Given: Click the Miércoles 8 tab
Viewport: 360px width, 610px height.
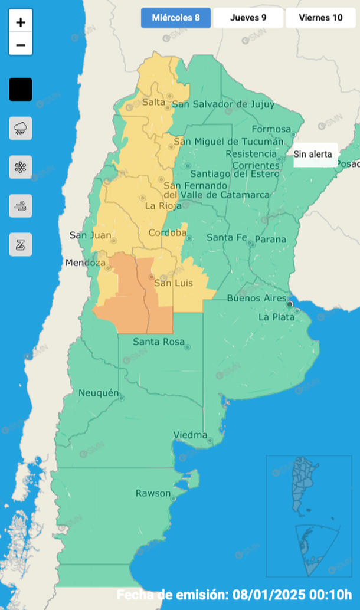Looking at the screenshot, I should (175, 18).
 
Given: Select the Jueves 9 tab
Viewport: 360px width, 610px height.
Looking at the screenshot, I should (248, 18).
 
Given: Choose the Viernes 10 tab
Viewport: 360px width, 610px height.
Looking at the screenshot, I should (320, 18).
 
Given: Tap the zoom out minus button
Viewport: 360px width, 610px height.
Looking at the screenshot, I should (21, 45).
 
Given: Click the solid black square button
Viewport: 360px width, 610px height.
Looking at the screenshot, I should (21, 90).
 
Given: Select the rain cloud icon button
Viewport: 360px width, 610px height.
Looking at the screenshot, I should (21, 128).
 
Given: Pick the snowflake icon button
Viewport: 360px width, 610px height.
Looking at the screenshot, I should (21, 167).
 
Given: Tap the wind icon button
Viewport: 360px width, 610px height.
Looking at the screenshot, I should (21, 206).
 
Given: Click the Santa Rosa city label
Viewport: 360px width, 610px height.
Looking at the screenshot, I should (158, 342).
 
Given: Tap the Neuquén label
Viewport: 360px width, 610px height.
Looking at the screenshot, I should (99, 393).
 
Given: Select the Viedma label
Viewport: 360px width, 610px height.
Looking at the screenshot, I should (190, 435).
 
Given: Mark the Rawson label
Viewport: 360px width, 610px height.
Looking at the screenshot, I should (153, 493).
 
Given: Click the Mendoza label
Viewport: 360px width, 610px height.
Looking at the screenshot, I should (86, 263).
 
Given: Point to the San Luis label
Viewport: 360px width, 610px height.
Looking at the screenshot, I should (173, 284).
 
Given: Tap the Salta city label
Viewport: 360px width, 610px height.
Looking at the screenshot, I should (153, 103).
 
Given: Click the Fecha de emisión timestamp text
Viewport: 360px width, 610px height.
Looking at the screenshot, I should (234, 593).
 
